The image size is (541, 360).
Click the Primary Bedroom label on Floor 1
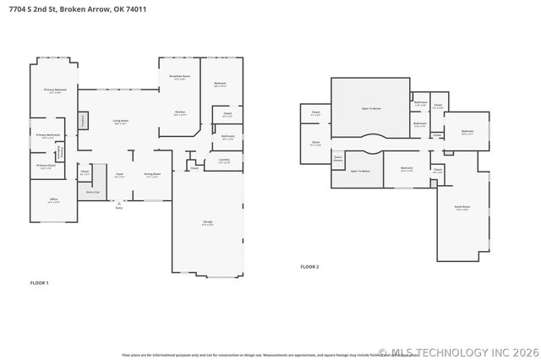(x=56, y=90)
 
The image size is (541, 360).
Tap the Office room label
(x=53, y=202)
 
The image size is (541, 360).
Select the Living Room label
(x=121, y=123)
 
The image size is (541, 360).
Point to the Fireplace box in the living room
(x=83, y=121)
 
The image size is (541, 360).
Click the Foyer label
(x=119, y=176)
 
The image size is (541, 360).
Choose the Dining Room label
(x=151, y=176)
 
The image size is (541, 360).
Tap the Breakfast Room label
(x=180, y=78)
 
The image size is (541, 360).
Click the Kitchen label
(x=180, y=112)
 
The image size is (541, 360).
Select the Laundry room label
(x=224, y=160)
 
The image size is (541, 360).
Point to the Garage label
(x=207, y=223)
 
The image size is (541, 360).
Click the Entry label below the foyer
(x=119, y=208)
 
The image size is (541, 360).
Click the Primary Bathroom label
(x=47, y=136)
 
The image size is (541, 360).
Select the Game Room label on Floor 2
(x=462, y=207)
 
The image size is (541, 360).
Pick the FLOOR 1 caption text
(x=40, y=282)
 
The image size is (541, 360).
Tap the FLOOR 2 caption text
(x=309, y=266)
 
